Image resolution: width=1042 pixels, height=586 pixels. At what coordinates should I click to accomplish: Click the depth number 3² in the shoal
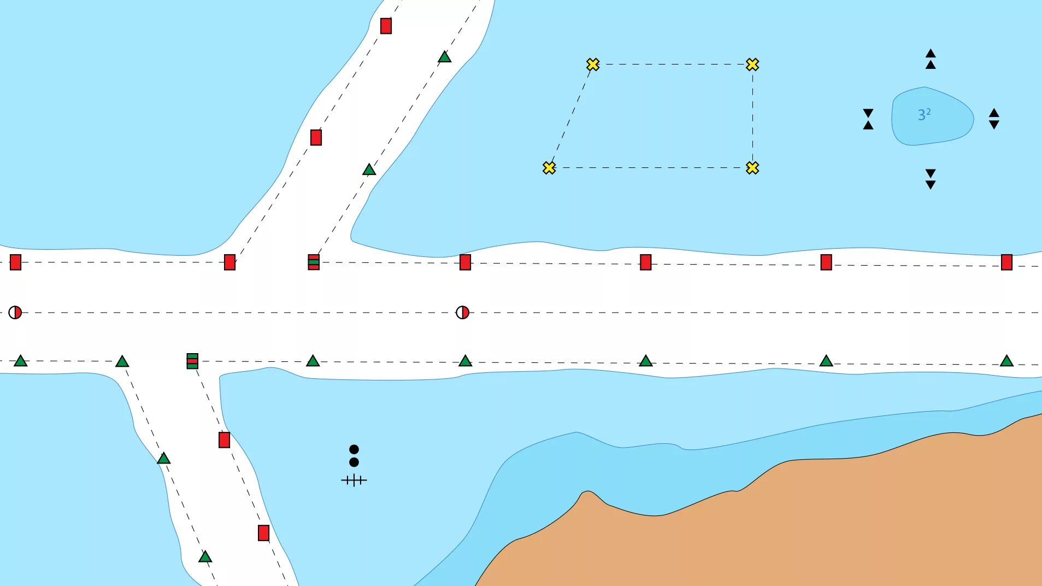[924, 115]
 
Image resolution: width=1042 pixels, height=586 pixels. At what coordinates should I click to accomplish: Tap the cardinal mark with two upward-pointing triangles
[931, 59]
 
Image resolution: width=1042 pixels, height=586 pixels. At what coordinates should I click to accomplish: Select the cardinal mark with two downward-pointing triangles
[931, 179]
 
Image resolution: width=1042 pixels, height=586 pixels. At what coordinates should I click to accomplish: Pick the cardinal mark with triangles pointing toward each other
[868, 119]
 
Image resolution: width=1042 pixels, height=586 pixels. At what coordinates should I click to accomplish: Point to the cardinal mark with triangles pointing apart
[994, 119]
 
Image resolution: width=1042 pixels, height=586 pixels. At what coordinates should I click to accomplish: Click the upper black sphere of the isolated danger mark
[354, 449]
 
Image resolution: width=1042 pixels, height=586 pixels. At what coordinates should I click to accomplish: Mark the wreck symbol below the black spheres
[354, 480]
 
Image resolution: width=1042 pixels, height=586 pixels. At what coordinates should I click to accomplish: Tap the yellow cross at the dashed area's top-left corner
[593, 65]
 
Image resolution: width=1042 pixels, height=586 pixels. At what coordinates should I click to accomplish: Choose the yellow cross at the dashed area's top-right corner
[752, 65]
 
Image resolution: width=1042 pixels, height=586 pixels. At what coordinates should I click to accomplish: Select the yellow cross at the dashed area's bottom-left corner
[549, 168]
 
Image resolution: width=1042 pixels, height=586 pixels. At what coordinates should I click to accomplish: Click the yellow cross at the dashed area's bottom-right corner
[752, 168]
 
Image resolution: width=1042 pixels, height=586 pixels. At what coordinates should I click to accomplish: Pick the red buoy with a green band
[314, 262]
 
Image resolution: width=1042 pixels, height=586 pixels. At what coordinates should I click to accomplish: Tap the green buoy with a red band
[192, 361]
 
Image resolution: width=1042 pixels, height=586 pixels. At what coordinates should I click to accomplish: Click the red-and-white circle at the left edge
[15, 313]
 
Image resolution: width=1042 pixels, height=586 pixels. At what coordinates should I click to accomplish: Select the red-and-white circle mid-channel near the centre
[462, 313]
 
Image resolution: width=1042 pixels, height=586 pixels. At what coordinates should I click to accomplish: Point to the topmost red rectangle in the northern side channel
[386, 26]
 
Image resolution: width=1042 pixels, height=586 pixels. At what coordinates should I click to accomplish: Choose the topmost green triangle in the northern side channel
[445, 57]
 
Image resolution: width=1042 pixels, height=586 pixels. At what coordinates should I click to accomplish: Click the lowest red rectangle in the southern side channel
[263, 533]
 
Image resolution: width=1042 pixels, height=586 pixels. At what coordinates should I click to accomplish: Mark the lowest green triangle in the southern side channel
[205, 557]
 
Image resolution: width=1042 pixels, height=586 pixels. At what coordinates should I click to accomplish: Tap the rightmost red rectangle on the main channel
[1006, 262]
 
